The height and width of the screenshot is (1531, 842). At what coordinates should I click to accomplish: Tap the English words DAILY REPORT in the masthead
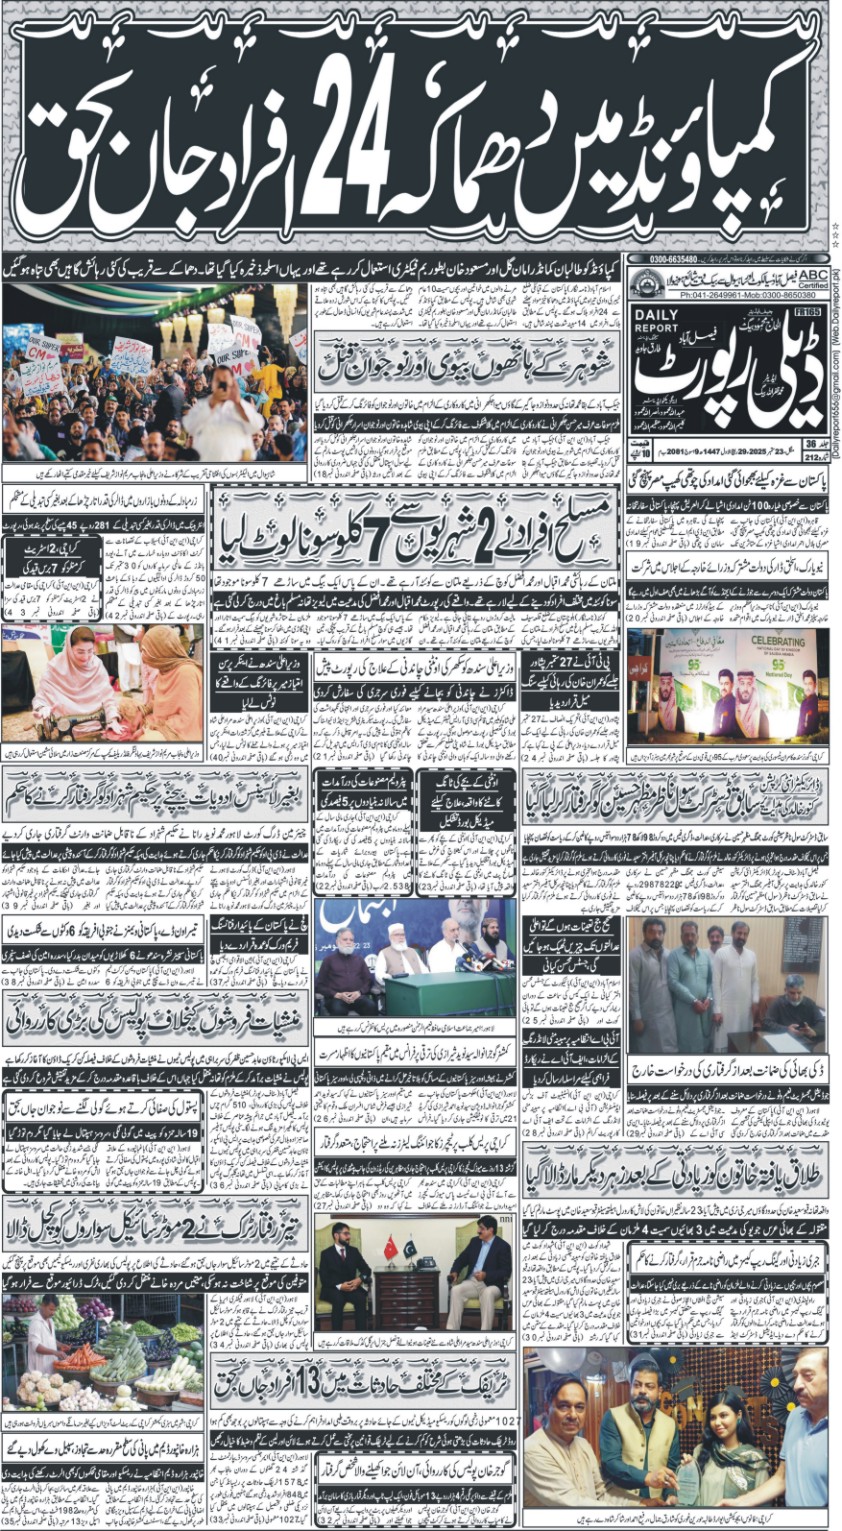[x=653, y=321]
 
